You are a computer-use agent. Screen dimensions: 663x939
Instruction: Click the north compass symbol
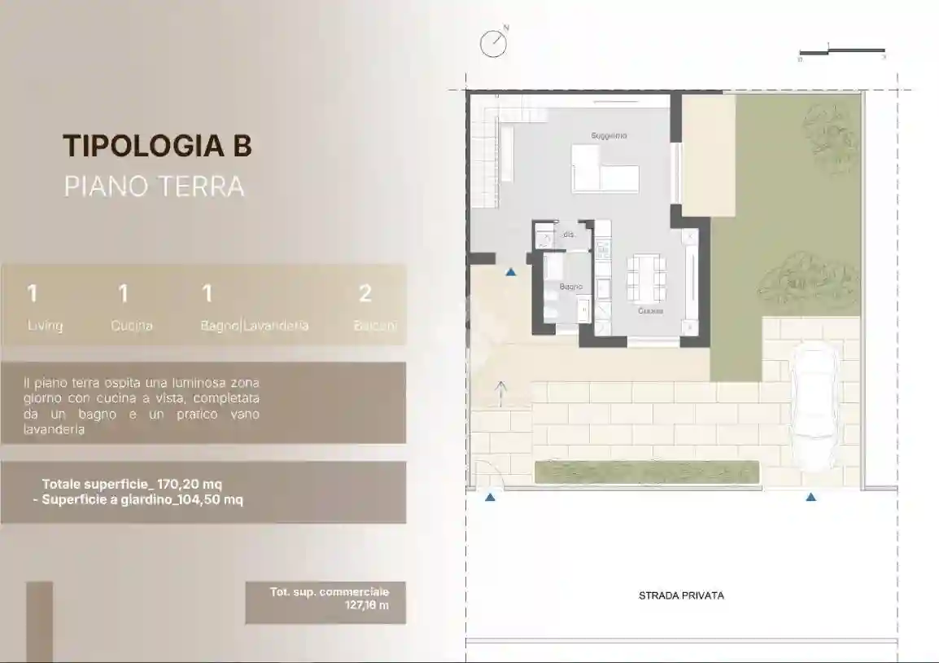point(493,44)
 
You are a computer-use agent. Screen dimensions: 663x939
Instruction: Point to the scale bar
point(841,53)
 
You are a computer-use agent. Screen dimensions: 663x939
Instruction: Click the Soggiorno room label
point(609,135)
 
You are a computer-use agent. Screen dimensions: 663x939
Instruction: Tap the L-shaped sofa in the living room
point(604,168)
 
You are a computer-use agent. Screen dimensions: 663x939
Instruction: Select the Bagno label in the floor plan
point(570,287)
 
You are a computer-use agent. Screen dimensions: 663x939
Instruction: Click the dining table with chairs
point(646,278)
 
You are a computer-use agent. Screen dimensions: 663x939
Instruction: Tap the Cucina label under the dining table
point(650,311)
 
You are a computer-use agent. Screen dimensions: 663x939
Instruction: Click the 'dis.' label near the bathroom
point(569,235)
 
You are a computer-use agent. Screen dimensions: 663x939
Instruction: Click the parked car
point(814,406)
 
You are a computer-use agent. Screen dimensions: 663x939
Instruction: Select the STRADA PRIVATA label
point(681,595)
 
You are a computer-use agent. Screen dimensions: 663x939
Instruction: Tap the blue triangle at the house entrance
point(510,272)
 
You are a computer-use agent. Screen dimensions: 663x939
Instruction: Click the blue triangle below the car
point(810,496)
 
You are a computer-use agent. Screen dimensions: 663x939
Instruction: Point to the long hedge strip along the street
point(647,472)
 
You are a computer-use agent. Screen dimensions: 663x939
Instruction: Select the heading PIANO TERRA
point(154,186)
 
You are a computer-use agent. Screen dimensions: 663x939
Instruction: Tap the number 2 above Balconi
point(365,293)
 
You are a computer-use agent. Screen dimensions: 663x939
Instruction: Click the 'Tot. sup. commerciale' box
point(325,603)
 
